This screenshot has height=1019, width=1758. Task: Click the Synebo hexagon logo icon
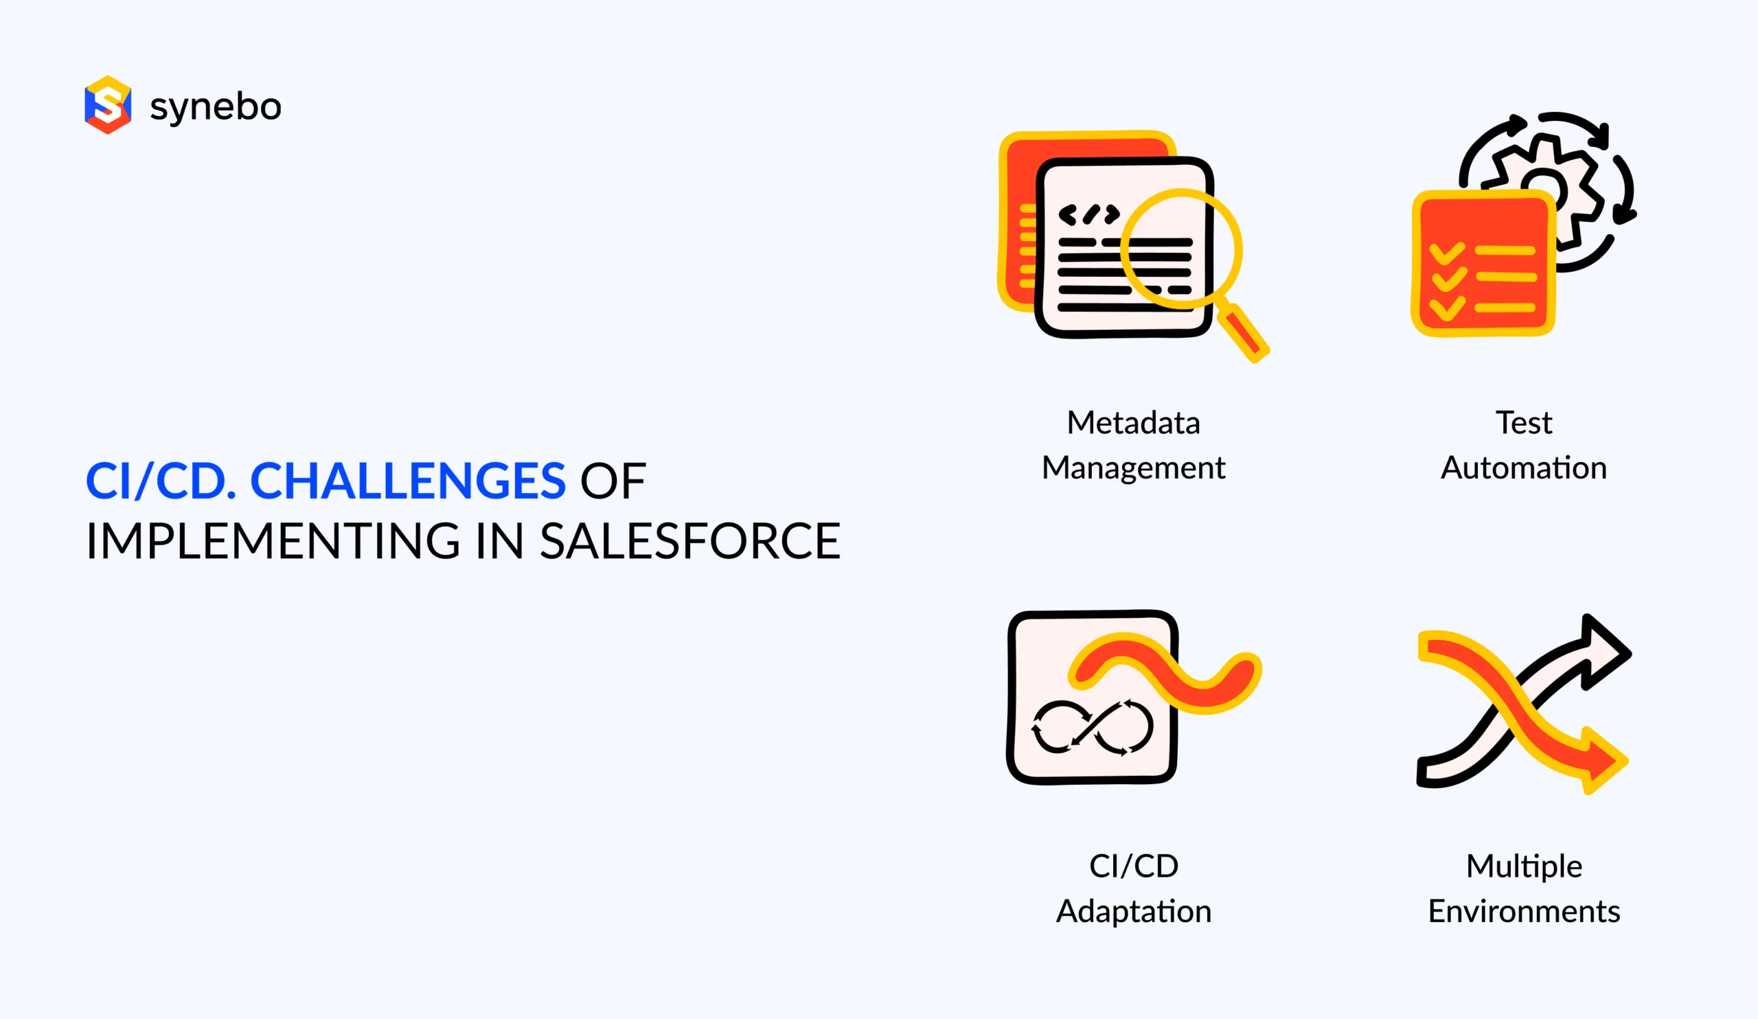107,104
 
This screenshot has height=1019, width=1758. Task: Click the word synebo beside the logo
216,106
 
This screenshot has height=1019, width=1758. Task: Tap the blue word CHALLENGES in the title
407,481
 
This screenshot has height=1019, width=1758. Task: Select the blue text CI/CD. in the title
161,481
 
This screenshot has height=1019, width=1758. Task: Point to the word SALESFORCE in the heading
690,541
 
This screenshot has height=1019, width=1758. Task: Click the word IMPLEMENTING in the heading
273,541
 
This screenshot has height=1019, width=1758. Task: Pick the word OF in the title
613,481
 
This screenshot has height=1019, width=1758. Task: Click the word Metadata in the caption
1133,423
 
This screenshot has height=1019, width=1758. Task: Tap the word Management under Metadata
1133,468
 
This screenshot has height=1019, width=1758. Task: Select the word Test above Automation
1524,423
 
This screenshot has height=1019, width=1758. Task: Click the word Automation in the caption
1524,468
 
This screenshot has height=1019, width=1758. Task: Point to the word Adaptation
1134,912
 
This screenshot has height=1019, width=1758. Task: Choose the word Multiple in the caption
1524,867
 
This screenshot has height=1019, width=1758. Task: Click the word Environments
1524,912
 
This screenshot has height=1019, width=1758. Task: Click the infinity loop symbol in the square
1093,727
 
